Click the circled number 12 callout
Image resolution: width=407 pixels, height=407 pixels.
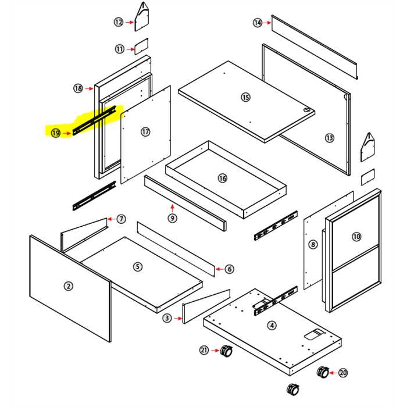tap(119, 22)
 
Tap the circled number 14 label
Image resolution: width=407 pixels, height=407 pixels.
tap(258, 23)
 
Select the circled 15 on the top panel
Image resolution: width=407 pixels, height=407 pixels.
tap(245, 97)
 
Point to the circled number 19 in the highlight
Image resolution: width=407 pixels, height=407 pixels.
tap(56, 133)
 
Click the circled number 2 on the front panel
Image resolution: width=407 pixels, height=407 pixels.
tap(69, 285)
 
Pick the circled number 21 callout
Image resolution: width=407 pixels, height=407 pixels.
tap(204, 350)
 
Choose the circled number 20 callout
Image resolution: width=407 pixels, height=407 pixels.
tap(342, 373)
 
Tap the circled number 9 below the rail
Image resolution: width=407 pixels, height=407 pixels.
tap(172, 218)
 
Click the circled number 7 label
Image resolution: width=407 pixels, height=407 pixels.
tap(121, 219)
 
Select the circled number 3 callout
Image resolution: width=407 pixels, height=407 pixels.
tap(167, 318)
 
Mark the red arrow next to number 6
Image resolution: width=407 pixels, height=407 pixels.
tap(219, 269)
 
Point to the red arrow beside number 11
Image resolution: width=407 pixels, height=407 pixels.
tap(130, 49)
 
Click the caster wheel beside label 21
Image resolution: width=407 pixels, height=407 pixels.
tap(226, 351)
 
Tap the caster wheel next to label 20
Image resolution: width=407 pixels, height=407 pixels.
tap(322, 372)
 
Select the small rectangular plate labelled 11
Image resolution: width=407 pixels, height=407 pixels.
tap(142, 45)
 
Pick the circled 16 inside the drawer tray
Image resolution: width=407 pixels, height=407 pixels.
tap(222, 178)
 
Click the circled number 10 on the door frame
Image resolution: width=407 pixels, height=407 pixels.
tap(356, 237)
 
